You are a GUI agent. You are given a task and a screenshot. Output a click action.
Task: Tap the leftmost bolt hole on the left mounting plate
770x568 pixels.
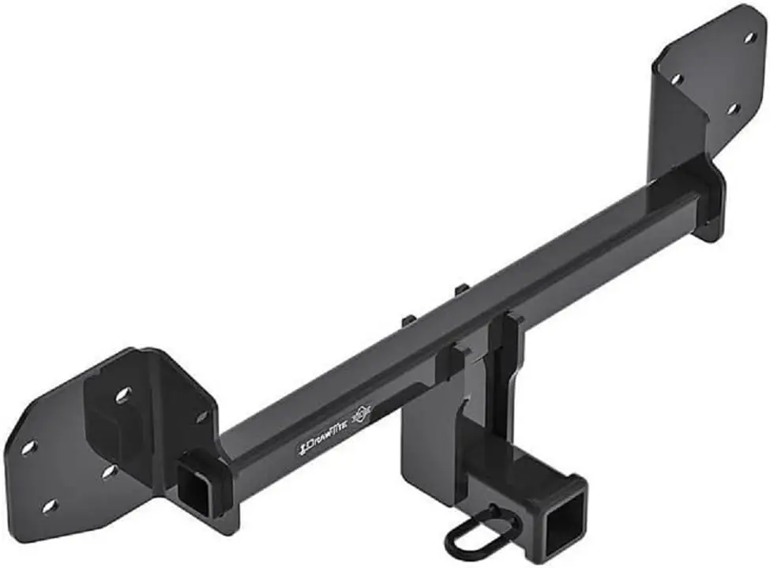click(x=28, y=447)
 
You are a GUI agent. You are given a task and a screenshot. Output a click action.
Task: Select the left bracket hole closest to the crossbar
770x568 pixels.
click(x=202, y=416)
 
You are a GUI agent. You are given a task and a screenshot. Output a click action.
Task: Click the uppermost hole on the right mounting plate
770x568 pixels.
click(x=749, y=36)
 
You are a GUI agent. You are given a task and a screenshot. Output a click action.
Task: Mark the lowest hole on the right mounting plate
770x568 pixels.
click(x=732, y=108)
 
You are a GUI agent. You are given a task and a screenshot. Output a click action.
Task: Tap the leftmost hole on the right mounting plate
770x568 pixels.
click(x=677, y=79)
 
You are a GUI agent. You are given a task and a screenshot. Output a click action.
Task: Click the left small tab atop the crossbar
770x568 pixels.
click(x=409, y=320)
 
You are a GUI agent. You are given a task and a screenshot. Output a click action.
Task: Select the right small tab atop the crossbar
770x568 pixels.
click(x=462, y=289)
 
